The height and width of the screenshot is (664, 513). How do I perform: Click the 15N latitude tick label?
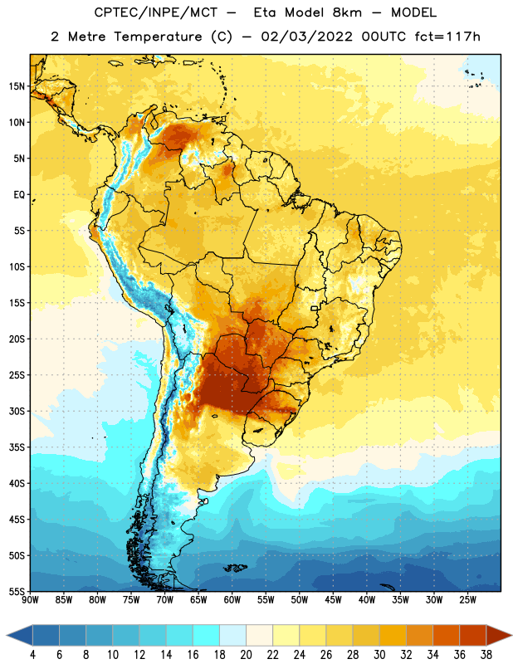(x=17, y=86)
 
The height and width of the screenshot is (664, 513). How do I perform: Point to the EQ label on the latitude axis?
(x=19, y=195)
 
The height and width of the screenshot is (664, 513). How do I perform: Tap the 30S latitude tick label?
(x=17, y=411)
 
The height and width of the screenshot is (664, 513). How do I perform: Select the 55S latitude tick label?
(x=17, y=592)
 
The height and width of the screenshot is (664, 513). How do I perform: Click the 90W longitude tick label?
(x=30, y=599)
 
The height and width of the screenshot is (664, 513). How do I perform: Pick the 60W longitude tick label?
(x=232, y=599)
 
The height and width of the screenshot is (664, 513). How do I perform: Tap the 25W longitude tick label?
(x=467, y=599)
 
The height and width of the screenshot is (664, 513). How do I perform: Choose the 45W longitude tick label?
(x=333, y=599)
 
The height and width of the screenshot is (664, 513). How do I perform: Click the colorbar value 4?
(x=32, y=655)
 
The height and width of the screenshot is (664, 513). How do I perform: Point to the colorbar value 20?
(x=246, y=655)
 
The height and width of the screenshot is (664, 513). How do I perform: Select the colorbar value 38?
(x=486, y=655)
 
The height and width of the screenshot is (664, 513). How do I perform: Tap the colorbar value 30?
(x=379, y=655)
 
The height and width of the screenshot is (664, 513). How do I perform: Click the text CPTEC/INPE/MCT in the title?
(x=155, y=12)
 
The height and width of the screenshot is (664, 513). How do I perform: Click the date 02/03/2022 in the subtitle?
(x=306, y=37)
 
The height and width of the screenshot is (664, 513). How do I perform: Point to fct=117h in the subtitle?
(x=447, y=37)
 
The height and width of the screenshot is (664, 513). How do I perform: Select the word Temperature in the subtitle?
(x=158, y=37)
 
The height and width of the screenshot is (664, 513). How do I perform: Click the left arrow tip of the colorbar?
(x=7, y=636)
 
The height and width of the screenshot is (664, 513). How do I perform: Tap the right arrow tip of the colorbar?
(x=512, y=636)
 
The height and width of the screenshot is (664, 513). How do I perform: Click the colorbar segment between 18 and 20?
(x=232, y=636)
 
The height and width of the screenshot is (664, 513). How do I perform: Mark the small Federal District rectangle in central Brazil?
(x=315, y=308)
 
